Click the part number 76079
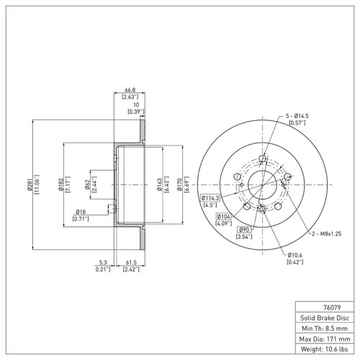pyautogui.click(x=332, y=307)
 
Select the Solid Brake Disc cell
pyautogui.click(x=325, y=318)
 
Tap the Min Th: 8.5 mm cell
pyautogui.click(x=325, y=328)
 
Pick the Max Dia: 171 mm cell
pyautogui.click(x=325, y=338)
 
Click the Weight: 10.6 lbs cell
pyautogui.click(x=325, y=348)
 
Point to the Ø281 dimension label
pyautogui.click(x=30, y=184)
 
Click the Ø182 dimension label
pyautogui.click(x=61, y=184)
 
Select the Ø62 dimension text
pyautogui.click(x=87, y=184)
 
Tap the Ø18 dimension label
pyautogui.click(x=81, y=212)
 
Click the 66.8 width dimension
pyautogui.click(x=130, y=90)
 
